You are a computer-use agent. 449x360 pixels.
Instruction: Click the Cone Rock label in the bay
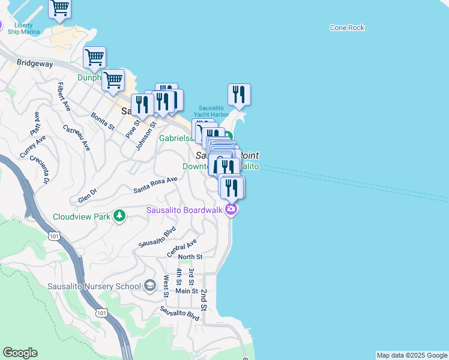point(347,28)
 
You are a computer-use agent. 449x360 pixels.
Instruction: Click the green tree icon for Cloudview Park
point(120,215)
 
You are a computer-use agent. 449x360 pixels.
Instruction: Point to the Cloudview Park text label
point(82,217)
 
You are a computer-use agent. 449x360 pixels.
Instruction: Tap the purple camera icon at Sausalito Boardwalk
point(231,209)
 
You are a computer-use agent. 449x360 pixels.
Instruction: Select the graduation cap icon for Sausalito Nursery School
point(149,286)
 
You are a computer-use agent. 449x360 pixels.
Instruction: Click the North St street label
point(190,257)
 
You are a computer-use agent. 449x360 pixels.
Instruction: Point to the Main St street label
point(186,291)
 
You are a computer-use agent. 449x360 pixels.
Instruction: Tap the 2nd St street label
point(204,299)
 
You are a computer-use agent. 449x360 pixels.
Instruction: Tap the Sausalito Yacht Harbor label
point(211,111)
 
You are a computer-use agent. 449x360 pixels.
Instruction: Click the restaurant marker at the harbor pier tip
point(239,95)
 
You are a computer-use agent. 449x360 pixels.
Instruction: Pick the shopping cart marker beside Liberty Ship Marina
point(59,8)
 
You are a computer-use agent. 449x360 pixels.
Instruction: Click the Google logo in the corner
point(20,353)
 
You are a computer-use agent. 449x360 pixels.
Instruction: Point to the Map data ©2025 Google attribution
point(411,355)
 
